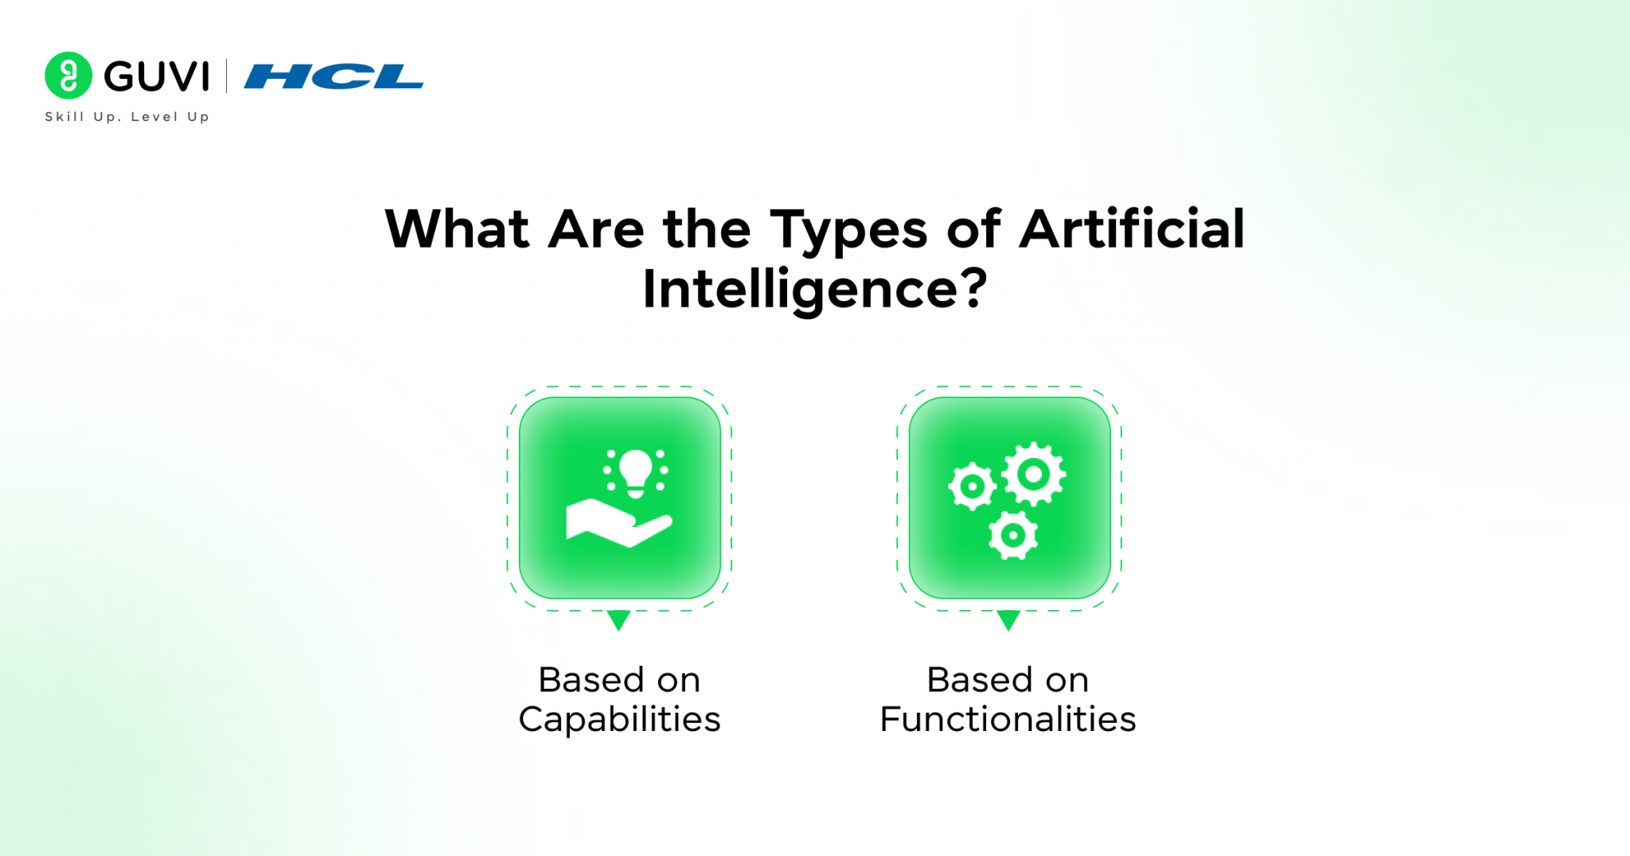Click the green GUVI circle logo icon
68,76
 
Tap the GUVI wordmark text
157,76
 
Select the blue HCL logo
333,76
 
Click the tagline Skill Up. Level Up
127,117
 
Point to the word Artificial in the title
1132,229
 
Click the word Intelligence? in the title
814,289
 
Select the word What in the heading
457,229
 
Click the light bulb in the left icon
635,471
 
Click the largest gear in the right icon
1033,475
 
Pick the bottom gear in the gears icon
1012,535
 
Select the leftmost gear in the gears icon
972,486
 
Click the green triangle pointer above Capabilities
618,620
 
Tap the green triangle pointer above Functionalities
1008,620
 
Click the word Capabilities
619,719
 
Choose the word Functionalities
1008,719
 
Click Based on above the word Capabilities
619,680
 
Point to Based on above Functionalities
1008,680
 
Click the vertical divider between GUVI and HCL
227,76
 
